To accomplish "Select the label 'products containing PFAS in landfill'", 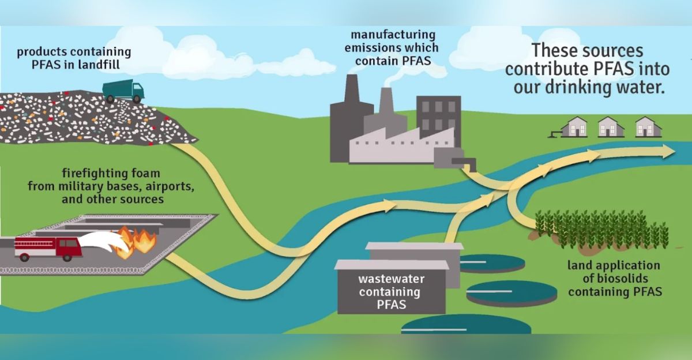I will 74,58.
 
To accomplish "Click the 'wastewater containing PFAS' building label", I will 389,292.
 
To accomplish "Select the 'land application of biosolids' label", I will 614,279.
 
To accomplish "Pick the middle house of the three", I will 611,126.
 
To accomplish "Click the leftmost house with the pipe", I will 573,126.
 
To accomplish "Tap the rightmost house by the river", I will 648,126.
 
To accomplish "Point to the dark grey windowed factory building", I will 438,115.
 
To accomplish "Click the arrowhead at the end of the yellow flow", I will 668,151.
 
